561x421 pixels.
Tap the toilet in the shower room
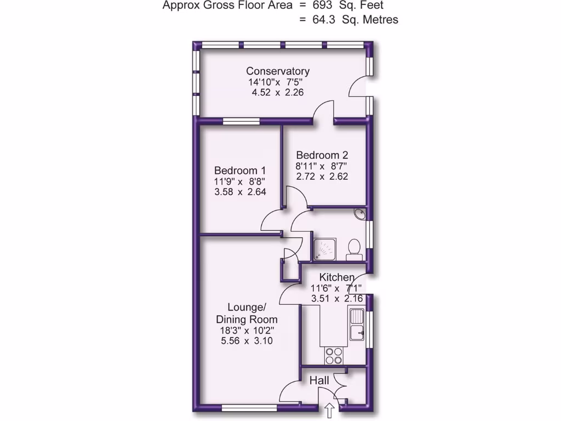(353, 249)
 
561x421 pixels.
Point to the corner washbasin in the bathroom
(359, 214)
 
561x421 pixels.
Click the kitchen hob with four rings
(334, 355)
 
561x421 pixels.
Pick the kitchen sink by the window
(357, 325)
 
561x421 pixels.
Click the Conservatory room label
(278, 71)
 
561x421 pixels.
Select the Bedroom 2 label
(322, 155)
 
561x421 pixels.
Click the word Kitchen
(337, 277)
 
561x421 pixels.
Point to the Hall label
(319, 380)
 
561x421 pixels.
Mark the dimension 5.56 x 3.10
(247, 341)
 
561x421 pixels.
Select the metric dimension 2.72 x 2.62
(322, 177)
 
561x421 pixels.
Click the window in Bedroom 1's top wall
(241, 121)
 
